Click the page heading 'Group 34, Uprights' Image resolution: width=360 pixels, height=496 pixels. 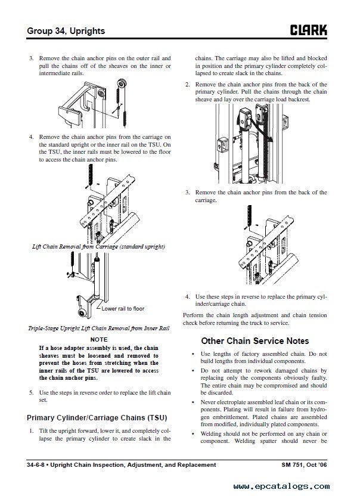pos(66,30)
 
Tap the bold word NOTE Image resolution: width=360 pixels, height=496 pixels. pos(99,339)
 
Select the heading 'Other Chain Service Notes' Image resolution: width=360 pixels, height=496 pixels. pos(255,341)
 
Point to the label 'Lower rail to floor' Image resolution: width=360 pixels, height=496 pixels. pos(122,309)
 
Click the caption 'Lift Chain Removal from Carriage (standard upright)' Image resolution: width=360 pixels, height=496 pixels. pos(98,246)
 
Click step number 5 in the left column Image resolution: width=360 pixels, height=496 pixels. pos(31,392)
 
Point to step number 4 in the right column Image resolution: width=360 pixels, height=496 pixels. pos(187,296)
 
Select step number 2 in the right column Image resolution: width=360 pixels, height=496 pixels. pos(187,85)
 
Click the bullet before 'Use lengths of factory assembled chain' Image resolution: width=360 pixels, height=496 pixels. pos(193,354)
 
